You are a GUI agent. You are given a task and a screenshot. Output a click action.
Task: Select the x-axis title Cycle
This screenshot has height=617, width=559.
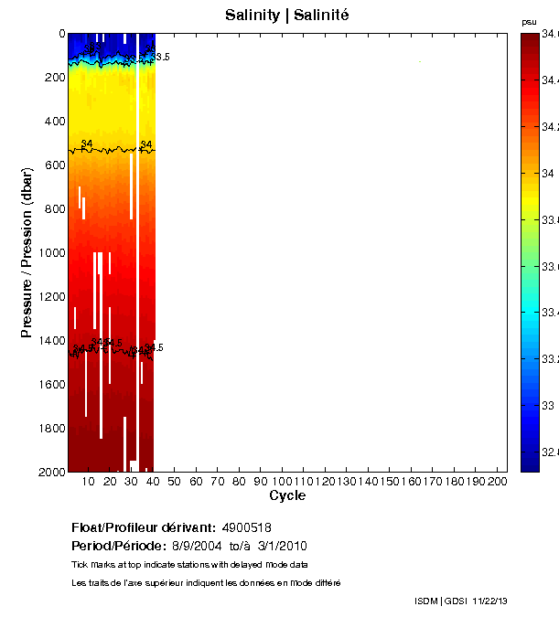(x=287, y=495)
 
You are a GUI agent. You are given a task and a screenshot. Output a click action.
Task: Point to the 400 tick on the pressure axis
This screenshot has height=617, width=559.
(x=51, y=121)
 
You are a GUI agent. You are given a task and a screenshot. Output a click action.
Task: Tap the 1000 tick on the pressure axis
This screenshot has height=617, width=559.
(x=48, y=252)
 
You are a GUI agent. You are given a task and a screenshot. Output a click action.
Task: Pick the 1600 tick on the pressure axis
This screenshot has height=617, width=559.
(x=48, y=384)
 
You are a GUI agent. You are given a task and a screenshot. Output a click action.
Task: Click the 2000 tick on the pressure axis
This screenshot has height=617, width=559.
(x=48, y=472)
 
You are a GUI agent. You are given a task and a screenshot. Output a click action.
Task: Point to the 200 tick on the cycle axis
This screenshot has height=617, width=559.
(x=497, y=481)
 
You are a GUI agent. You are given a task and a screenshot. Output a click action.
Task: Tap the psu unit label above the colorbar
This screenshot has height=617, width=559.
(x=529, y=21)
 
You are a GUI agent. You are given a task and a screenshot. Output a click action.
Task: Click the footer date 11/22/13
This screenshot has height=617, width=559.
(x=489, y=601)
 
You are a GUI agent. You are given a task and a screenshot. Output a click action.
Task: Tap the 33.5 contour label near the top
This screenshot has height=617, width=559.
(x=162, y=57)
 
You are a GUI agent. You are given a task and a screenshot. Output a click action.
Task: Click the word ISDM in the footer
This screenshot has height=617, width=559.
(x=426, y=601)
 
